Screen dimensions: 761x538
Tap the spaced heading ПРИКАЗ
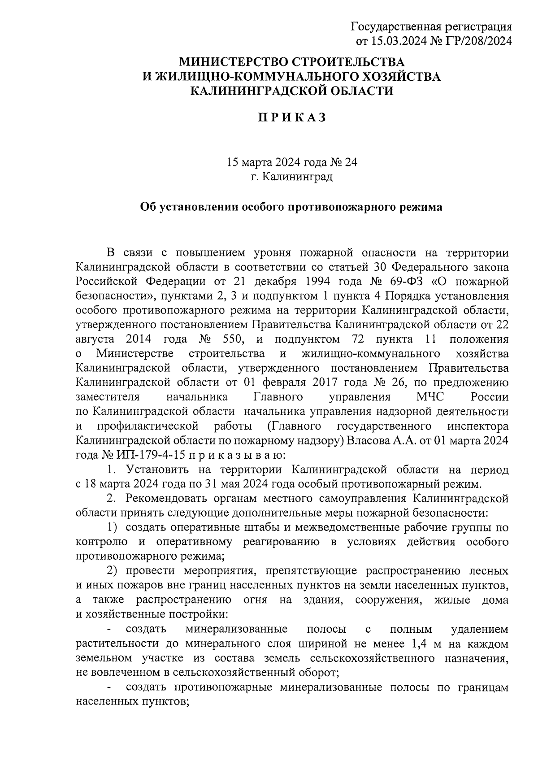(x=291, y=117)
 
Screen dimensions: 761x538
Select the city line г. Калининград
(x=291, y=177)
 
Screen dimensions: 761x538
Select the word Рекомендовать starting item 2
(x=168, y=498)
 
